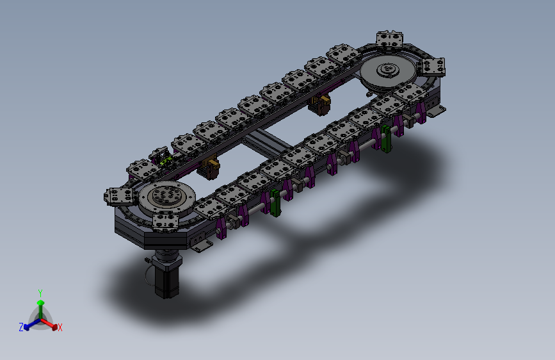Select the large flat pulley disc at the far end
tap(388, 73)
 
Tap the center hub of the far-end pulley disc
tap(388, 69)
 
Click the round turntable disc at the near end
tap(166, 197)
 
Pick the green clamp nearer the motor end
tap(275, 202)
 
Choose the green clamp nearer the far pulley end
tap(386, 138)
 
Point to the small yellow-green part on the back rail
tap(166, 161)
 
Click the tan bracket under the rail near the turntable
tap(209, 168)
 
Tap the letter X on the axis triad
tap(60, 327)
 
